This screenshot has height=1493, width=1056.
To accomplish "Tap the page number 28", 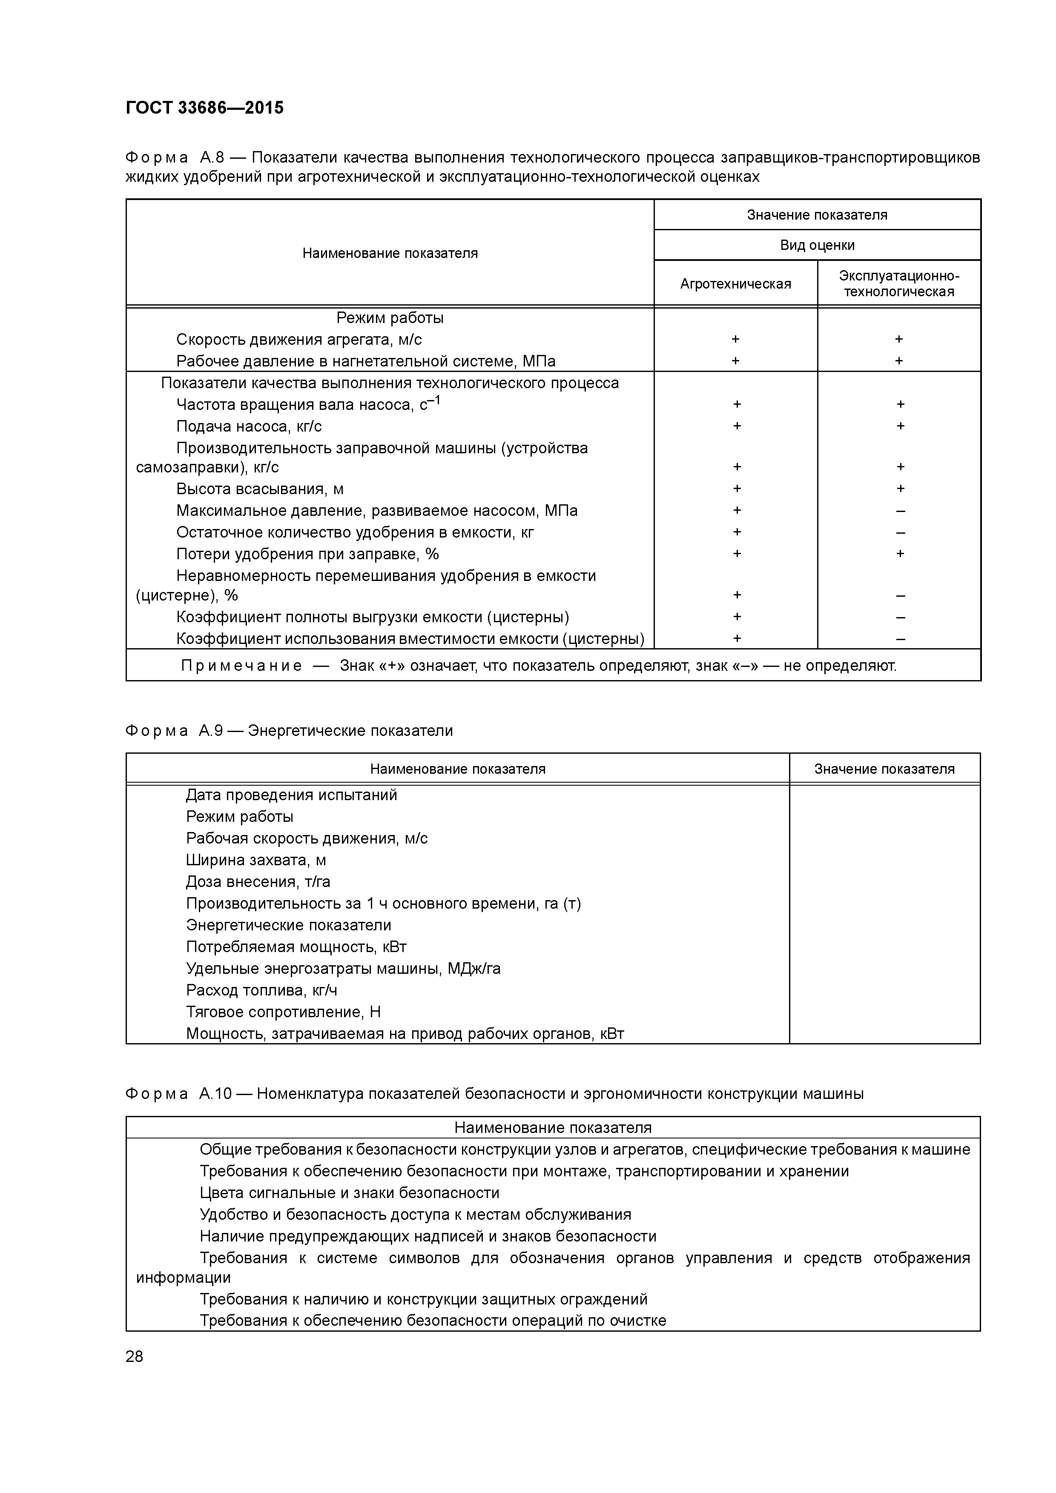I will pyautogui.click(x=134, y=1356).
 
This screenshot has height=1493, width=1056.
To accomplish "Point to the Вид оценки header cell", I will pyautogui.click(x=817, y=245).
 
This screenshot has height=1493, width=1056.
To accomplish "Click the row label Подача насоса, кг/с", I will pyautogui.click(x=249, y=426).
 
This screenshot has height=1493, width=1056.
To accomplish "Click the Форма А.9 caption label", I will pyautogui.click(x=174, y=731).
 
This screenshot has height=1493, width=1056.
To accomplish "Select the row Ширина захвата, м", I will pyautogui.click(x=256, y=860).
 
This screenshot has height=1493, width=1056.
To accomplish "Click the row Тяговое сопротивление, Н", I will pyautogui.click(x=283, y=1012).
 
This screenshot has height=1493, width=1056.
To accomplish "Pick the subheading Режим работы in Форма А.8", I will pyautogui.click(x=390, y=318).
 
